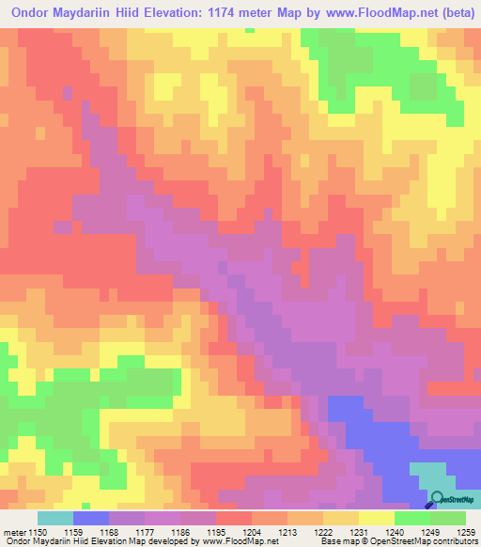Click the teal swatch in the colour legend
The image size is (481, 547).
click(55, 518)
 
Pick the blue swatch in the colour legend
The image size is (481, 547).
click(91, 518)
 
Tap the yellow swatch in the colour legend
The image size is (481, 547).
click(377, 518)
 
